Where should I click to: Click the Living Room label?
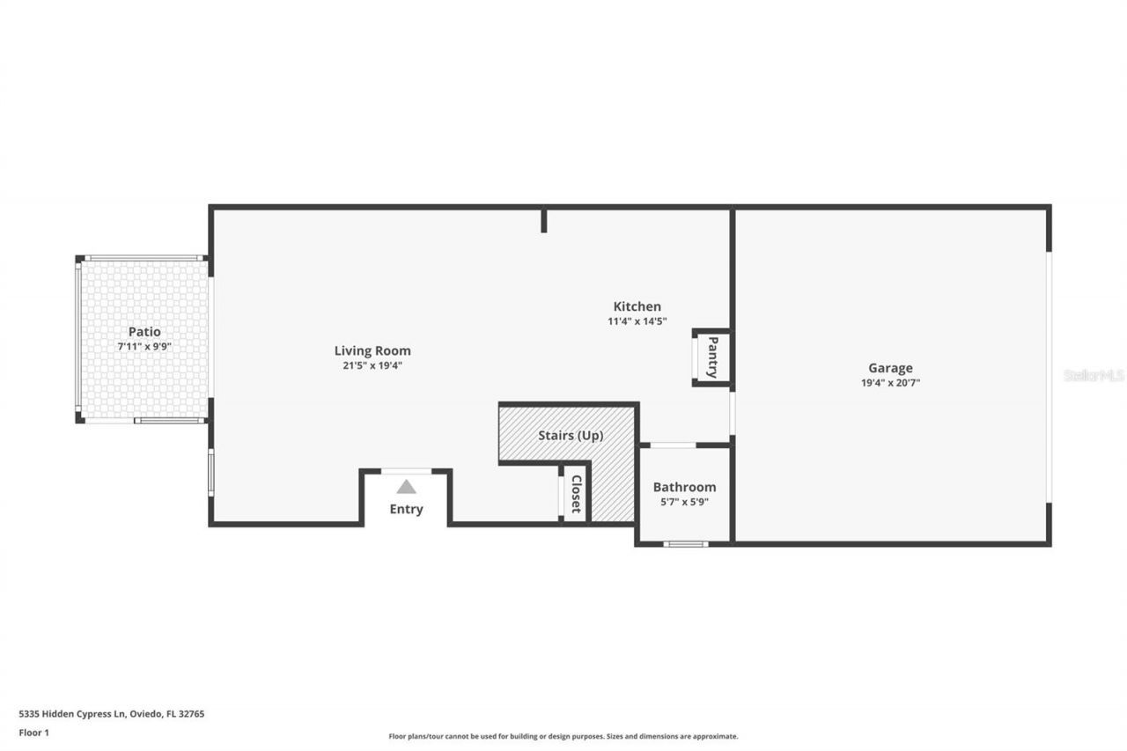coord(372,350)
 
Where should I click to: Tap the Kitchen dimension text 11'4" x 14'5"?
coord(637,321)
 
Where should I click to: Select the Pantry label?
coord(712,357)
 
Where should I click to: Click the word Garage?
coord(890,368)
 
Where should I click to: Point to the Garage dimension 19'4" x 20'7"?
coord(890,383)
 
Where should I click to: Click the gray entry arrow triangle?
coord(406,487)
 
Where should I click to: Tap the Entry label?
coord(406,509)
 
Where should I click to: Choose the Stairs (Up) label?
coord(571,435)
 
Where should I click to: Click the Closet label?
coord(576,494)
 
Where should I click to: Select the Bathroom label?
coord(684,487)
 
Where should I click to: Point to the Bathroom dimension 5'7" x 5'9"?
coord(684,502)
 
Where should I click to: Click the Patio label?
coord(144,332)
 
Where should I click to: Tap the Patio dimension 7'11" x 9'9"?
coord(144,346)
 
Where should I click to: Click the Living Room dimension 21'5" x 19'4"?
coord(372,365)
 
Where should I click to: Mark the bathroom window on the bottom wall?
coord(685,544)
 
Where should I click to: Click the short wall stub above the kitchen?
coord(544,220)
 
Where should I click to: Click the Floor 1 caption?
coord(34,733)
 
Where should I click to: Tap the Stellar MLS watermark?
coord(1094,375)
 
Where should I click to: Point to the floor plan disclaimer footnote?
coord(563,736)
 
